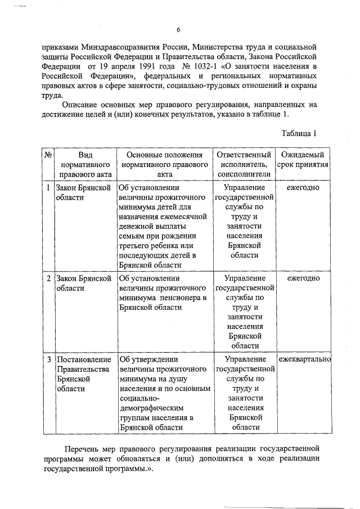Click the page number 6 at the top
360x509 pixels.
178,30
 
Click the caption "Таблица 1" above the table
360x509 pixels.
299,133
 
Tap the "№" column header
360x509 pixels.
48,155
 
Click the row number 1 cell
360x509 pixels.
48,187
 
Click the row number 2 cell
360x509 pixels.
48,278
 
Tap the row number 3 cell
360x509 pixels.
48,359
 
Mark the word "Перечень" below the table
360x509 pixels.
82,449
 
